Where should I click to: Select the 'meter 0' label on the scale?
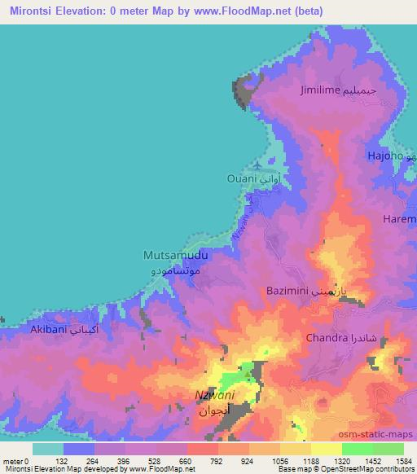17,461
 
